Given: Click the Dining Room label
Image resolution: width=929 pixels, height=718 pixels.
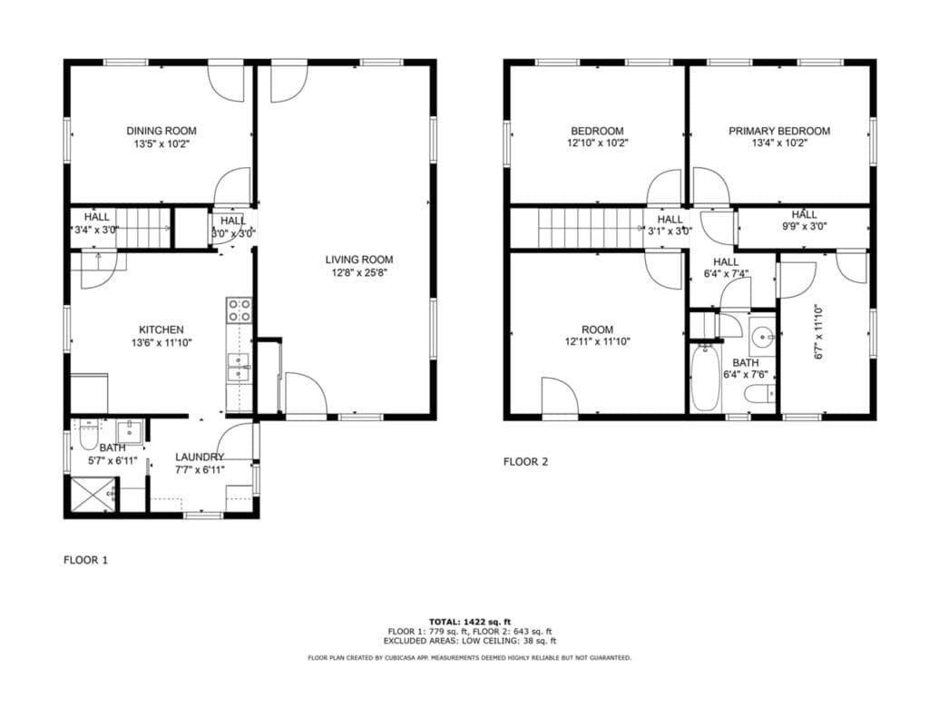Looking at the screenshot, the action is coord(161,131).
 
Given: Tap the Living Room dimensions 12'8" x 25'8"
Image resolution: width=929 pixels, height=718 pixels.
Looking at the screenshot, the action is coord(359,272).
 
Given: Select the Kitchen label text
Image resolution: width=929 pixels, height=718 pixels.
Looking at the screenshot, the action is coord(161,329).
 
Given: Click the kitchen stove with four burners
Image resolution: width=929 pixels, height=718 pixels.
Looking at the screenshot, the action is coord(240,310).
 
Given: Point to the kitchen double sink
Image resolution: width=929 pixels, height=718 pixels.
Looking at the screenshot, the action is coord(239,368).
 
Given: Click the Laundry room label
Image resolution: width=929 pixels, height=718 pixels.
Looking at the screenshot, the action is coord(200,457).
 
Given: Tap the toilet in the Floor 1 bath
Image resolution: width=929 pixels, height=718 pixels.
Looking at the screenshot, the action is coord(88,437).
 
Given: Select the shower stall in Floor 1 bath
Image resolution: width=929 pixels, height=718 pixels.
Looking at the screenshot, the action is coord(93,494).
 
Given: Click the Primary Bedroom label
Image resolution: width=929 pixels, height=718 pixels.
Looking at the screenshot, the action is coord(779,131).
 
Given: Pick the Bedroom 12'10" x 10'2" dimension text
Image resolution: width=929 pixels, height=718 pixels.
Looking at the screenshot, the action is coord(597,143).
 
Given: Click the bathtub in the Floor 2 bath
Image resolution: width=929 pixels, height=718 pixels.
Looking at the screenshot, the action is coord(705,378).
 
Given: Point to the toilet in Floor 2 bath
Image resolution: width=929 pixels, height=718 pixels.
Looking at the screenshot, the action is coord(760,394).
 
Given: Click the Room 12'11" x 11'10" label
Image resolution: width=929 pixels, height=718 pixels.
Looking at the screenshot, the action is coord(597,336).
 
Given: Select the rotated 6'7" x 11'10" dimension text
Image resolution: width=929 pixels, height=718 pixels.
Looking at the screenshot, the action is coord(819,332).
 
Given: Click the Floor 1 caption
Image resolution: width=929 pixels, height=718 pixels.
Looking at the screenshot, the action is coord(86,560).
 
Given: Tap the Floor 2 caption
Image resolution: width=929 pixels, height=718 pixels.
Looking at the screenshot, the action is coord(525,462).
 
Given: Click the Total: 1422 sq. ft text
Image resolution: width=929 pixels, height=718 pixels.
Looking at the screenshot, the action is coord(470,622).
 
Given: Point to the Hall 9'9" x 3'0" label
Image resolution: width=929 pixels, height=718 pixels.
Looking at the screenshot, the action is coord(804,220).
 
